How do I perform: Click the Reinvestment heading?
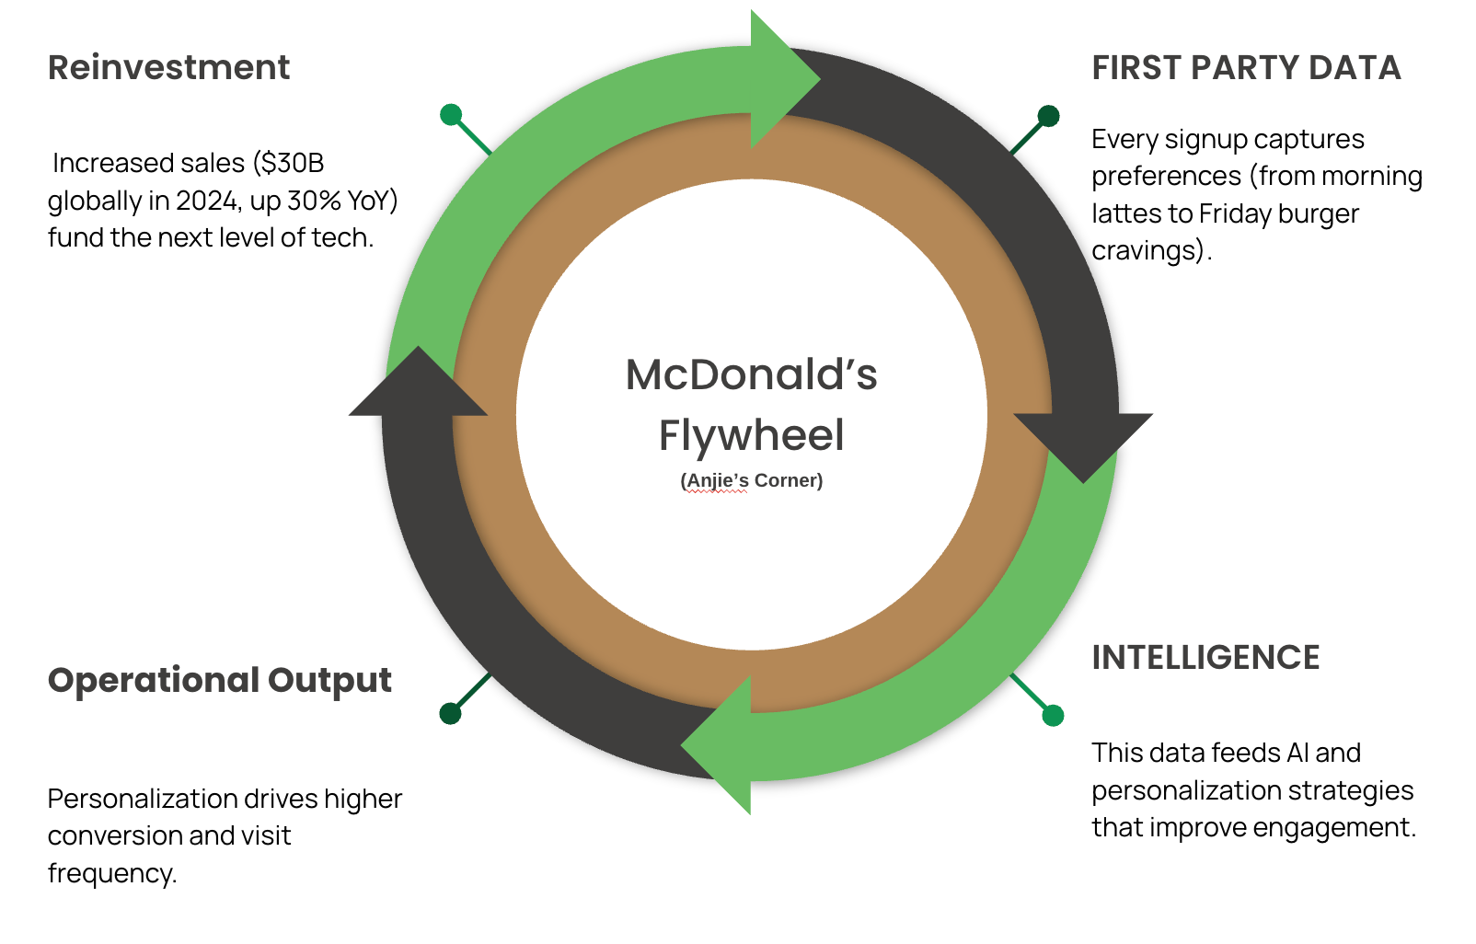(x=168, y=68)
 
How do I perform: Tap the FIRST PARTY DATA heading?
(x=1246, y=68)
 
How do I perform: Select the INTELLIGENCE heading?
(x=1205, y=658)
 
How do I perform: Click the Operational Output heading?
(x=219, y=681)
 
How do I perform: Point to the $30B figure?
(x=292, y=163)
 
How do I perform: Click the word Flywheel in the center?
(x=751, y=435)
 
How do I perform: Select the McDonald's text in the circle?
(x=751, y=375)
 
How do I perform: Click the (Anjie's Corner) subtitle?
(x=751, y=480)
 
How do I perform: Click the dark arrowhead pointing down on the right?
(x=1084, y=442)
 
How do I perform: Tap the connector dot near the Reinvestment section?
(x=451, y=114)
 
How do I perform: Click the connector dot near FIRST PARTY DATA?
(x=1048, y=116)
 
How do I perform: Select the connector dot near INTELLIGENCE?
(x=1053, y=715)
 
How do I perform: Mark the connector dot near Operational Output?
(x=450, y=713)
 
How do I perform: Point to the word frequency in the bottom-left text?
(x=111, y=873)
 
